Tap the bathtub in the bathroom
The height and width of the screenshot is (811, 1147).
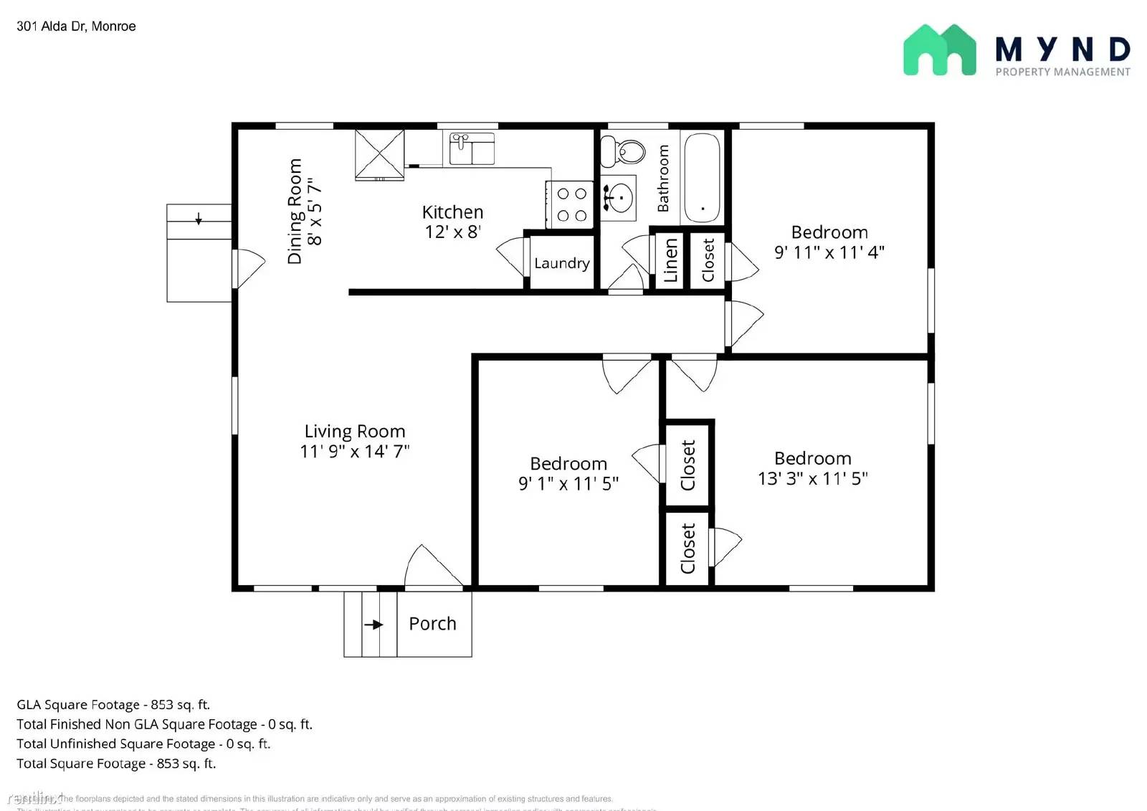coord(702,177)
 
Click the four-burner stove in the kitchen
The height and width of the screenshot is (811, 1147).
coord(571,204)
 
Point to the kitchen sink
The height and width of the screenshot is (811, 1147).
coord(472,148)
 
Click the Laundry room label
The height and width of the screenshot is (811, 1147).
coord(561,263)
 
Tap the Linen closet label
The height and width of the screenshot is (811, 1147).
coord(670,261)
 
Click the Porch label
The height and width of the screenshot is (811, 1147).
coord(432,624)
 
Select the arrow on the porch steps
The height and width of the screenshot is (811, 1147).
coord(373,625)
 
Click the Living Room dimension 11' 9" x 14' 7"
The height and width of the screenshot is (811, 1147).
coord(354,452)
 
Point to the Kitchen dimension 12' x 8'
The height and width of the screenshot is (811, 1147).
coord(452,232)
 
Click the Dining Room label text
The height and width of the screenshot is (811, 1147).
coord(295,212)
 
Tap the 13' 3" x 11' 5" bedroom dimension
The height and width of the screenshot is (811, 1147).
coord(812,478)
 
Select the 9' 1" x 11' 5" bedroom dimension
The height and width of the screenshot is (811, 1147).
coord(568,484)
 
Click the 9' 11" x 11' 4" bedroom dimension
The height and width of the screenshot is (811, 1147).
coord(829,252)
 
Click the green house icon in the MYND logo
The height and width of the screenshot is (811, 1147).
coord(939,50)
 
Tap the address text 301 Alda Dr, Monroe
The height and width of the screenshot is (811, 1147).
coord(76,27)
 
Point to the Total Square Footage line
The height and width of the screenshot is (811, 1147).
coord(116,764)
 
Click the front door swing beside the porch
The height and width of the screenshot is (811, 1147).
coord(430,568)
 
